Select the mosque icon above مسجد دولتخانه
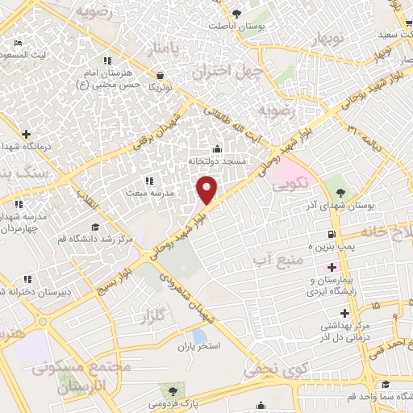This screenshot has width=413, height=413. point(216,148)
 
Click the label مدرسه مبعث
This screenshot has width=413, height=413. point(148,193)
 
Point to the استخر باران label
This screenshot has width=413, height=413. point(199,345)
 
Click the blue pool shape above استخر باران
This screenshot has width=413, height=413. point(198,334)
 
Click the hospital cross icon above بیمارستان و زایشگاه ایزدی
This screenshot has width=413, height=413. point(331,267)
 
